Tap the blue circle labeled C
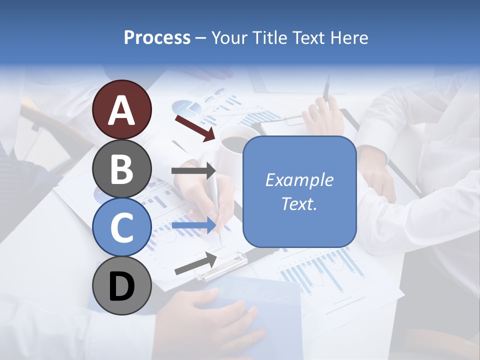[x=122, y=227]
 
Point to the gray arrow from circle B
[x=193, y=171]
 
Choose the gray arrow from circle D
[x=195, y=263]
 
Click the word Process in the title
[x=157, y=37]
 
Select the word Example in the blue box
[x=299, y=180]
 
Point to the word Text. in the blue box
[x=299, y=204]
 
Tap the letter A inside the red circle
[x=122, y=110]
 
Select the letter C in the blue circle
[x=122, y=228]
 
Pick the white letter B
[x=122, y=169]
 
